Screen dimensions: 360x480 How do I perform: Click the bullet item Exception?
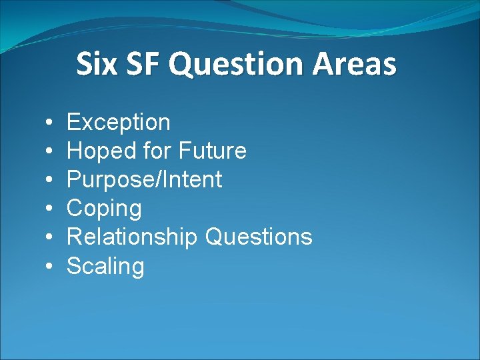coord(119,123)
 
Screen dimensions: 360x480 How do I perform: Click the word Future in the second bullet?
coord(213,151)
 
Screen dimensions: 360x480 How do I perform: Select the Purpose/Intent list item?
coord(145,180)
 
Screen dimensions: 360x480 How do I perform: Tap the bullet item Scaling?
coord(105,267)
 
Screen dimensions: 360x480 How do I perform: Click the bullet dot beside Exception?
coord(51,123)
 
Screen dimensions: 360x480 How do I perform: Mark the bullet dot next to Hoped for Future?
coord(51,152)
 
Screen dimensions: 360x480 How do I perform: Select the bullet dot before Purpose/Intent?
coord(51,181)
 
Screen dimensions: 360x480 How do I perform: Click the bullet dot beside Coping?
coord(51,209)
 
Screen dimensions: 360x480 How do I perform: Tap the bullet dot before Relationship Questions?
coord(51,238)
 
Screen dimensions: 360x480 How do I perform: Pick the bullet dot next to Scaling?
coord(51,267)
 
